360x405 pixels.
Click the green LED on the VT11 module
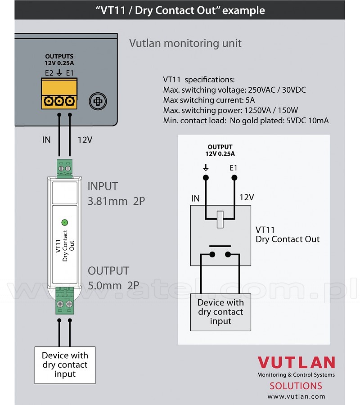point(64,222)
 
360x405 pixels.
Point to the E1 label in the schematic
point(233,168)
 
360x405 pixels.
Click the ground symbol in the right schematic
point(206,167)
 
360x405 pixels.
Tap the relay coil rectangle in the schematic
point(220,219)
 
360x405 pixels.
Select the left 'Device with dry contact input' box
point(65,365)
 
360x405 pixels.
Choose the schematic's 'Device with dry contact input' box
point(220,312)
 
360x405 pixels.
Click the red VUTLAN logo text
point(296,363)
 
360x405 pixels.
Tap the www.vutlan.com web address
point(296,396)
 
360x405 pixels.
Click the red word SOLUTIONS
point(296,386)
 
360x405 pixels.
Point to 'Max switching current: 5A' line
point(209,100)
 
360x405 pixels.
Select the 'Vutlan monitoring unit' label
point(185,43)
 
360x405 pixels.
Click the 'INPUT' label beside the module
point(103,186)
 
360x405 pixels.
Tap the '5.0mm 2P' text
point(113,285)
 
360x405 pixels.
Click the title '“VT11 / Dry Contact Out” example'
point(180,10)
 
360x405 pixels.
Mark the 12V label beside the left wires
point(84,140)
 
